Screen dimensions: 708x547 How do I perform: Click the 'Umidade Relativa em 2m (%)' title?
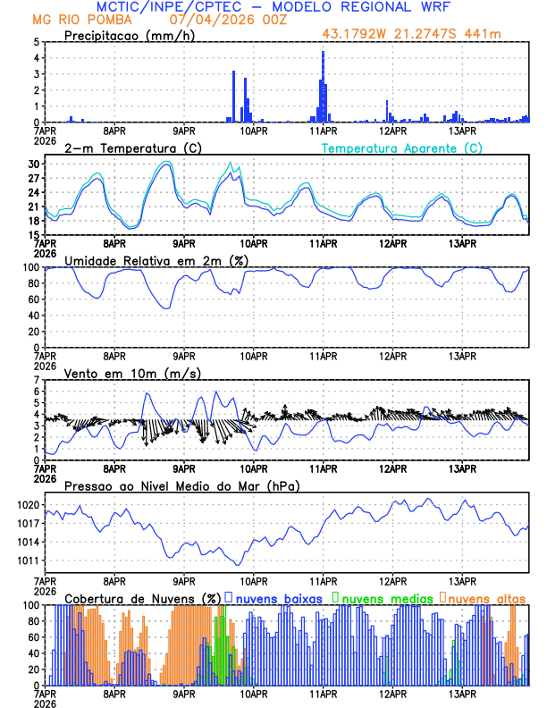[157, 260]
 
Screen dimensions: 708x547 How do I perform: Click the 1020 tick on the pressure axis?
[29, 505]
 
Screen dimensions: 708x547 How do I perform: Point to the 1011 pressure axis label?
[29, 560]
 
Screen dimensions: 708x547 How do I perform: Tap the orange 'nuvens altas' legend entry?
[484, 597]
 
